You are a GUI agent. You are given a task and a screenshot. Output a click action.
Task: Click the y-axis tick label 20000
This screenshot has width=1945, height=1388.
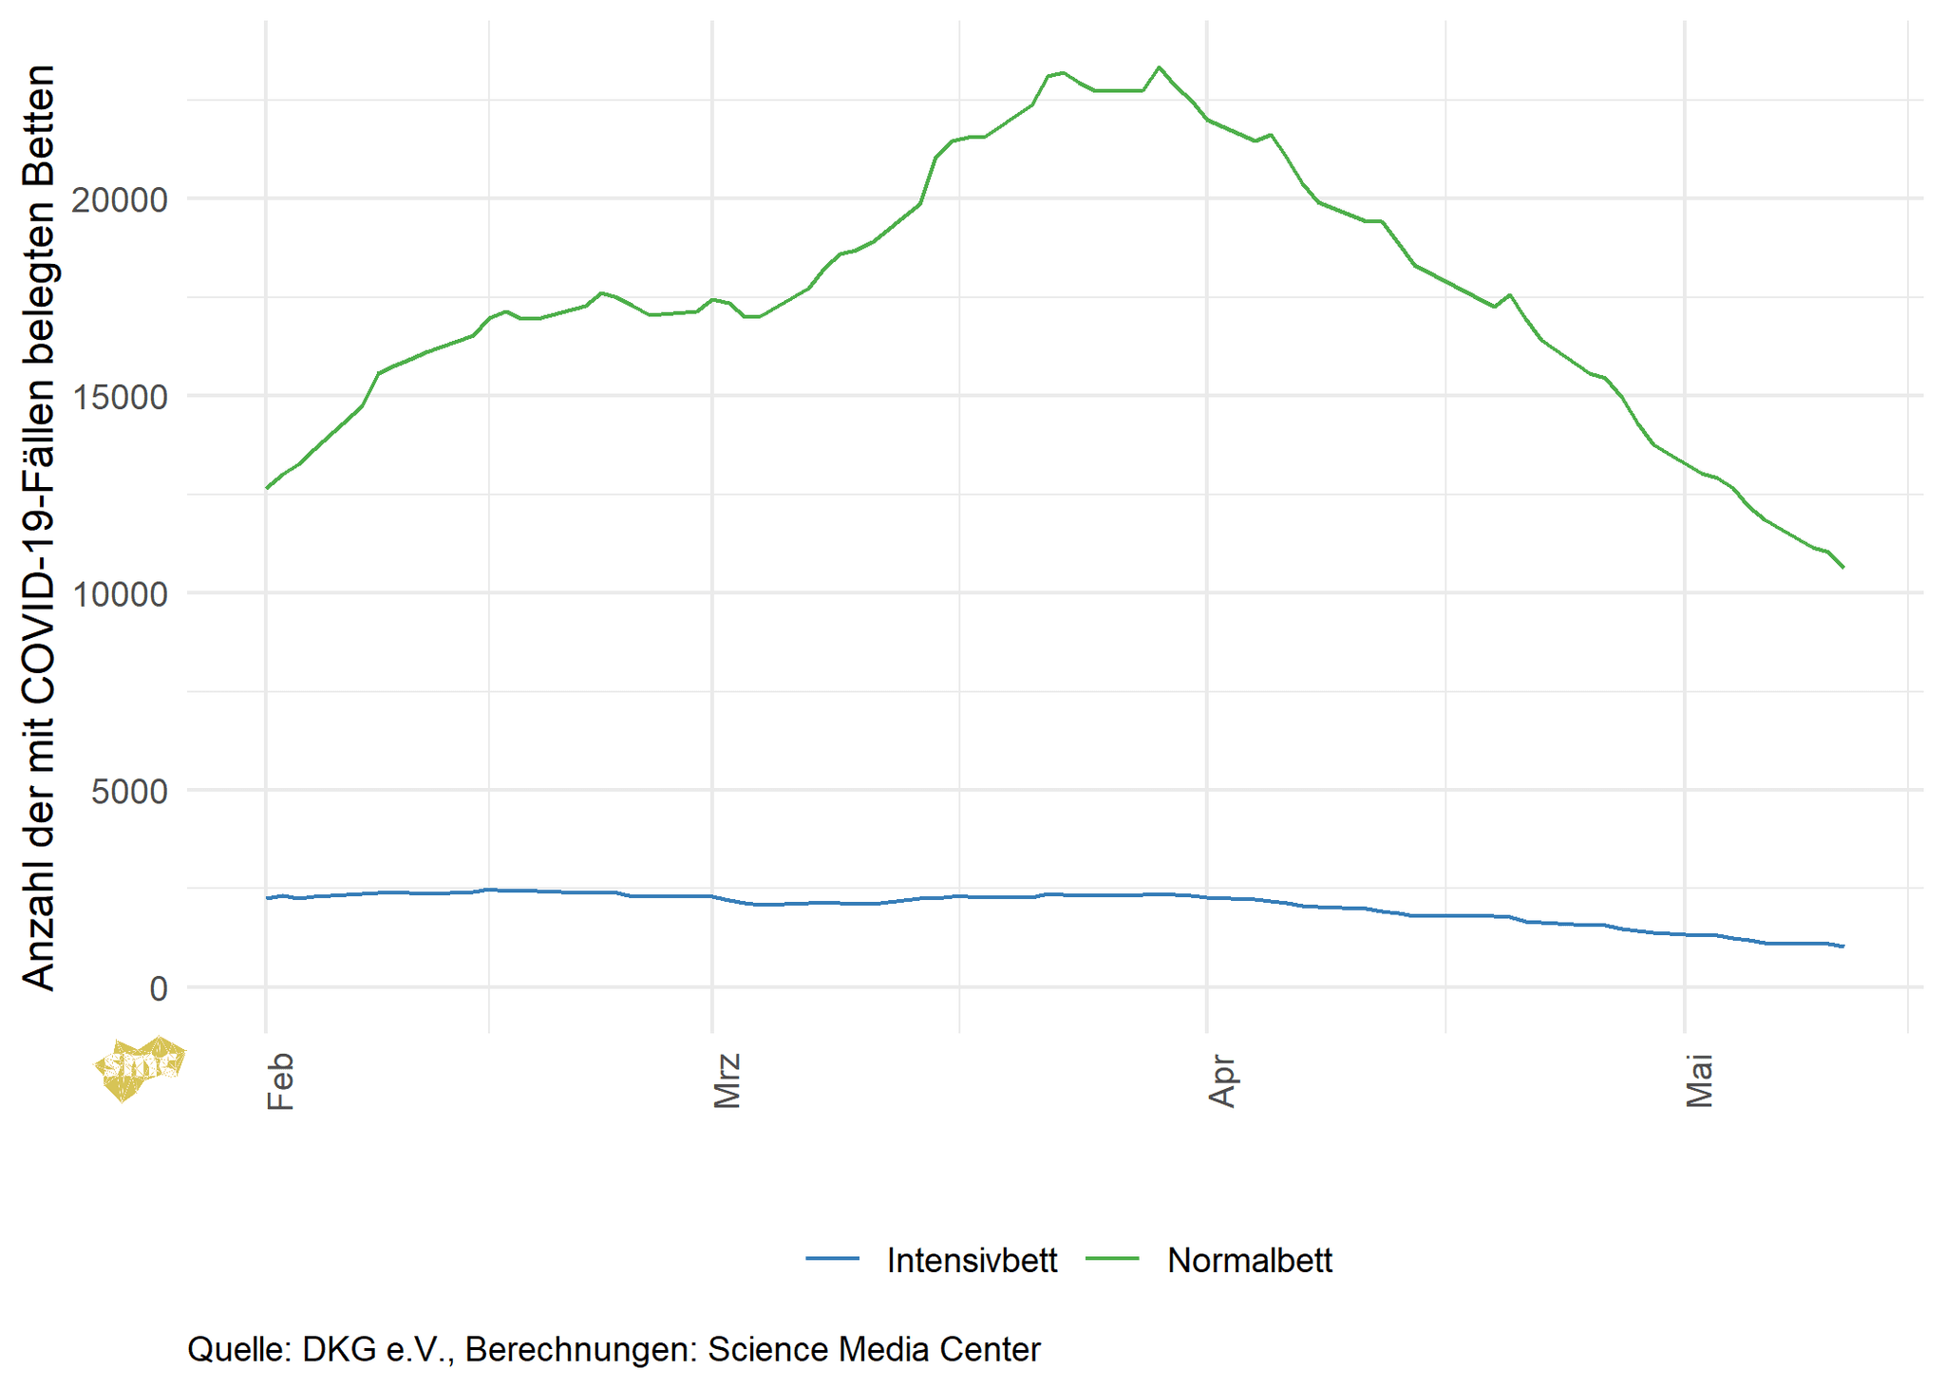point(119,199)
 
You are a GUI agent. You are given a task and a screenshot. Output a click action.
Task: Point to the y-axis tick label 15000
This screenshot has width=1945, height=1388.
point(119,397)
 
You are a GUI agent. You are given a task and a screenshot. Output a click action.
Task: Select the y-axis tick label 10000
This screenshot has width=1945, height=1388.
point(119,594)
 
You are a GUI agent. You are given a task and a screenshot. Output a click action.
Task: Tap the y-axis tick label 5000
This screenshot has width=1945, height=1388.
point(129,791)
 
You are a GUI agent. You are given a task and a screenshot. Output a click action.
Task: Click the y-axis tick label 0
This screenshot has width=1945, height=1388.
point(159,988)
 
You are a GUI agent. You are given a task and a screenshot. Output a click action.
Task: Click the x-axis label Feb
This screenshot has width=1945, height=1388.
point(280,1080)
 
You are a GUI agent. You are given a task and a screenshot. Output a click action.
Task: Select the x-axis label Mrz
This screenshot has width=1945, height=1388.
point(727,1080)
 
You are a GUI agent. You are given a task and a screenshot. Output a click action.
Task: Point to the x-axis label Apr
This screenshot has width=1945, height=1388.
point(1222,1080)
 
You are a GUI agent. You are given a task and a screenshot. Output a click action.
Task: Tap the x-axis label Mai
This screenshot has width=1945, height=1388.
point(1699,1080)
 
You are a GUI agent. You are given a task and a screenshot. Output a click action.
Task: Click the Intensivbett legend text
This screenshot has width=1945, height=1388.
point(971,1260)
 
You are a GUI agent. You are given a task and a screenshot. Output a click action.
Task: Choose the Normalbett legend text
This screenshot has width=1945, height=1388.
point(1249,1260)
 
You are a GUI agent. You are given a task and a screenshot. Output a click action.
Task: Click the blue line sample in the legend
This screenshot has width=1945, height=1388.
point(832,1259)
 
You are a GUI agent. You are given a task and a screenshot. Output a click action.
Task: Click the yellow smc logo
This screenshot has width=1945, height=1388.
point(141,1067)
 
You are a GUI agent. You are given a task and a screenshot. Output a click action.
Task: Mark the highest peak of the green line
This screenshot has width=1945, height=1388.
point(1159,67)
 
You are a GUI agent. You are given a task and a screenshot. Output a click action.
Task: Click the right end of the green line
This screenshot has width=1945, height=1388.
point(1842,567)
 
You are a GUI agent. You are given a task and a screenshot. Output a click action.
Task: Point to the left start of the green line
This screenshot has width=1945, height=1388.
point(267,488)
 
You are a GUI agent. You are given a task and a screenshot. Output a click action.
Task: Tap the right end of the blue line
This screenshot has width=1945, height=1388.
point(1842,946)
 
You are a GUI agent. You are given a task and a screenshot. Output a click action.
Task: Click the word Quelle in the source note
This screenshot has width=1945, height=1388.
point(238,1349)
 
